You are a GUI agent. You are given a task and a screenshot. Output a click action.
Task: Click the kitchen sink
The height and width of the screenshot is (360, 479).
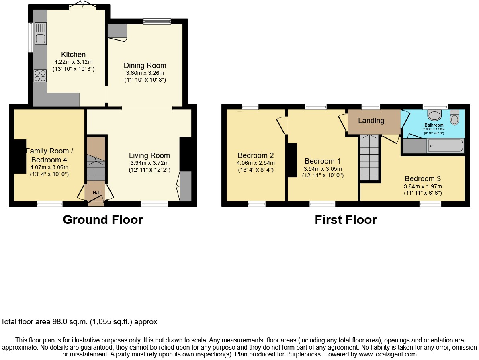point(41,33)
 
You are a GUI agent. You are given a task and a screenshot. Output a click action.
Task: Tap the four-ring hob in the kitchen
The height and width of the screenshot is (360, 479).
point(40,76)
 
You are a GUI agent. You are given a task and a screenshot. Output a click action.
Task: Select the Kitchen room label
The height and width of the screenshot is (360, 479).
point(73,55)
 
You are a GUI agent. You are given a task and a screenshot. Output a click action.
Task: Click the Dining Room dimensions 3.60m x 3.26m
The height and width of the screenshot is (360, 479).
point(145,73)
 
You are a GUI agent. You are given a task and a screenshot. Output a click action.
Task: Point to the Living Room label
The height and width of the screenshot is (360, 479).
point(149,155)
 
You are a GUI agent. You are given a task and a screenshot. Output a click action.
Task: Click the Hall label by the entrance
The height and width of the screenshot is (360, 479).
point(96,193)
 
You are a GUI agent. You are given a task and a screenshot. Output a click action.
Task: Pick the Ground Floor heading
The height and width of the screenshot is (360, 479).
point(103,220)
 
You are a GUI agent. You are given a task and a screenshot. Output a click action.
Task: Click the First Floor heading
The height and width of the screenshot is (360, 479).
point(346,220)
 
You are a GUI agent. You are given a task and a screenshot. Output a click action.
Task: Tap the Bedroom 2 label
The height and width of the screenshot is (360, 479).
point(256,155)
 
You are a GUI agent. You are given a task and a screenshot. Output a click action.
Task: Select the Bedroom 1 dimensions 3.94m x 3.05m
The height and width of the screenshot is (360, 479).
point(323,169)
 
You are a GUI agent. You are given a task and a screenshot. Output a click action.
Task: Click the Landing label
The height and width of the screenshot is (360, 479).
point(371,121)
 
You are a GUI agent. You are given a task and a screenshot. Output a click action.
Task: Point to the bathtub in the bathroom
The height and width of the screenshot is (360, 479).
point(445,145)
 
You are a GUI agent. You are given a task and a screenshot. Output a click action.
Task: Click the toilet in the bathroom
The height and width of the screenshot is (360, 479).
point(454,117)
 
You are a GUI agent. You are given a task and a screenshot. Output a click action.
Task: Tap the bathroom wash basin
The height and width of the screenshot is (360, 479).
point(434,115)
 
